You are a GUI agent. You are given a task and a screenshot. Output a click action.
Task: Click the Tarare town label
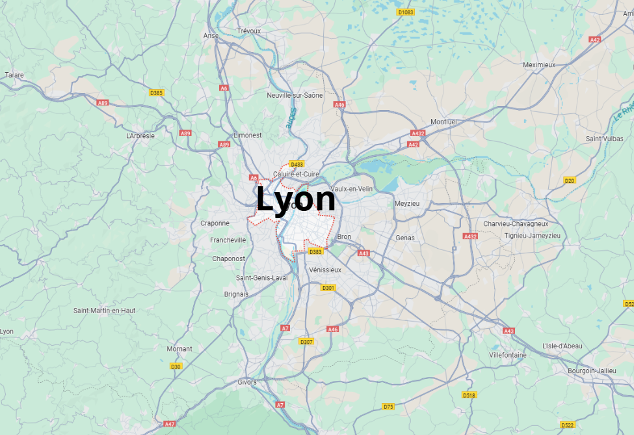(x=14, y=75)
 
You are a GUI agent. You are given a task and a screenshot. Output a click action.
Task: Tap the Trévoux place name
(x=248, y=31)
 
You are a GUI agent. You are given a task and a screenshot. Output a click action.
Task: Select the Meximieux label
(x=539, y=64)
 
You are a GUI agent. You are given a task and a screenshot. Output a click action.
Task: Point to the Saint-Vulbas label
(x=604, y=139)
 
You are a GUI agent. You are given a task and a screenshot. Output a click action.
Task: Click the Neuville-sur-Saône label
(x=295, y=95)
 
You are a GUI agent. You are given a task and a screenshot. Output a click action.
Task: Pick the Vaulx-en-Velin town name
(x=351, y=189)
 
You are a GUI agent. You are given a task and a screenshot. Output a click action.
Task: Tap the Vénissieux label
(x=325, y=270)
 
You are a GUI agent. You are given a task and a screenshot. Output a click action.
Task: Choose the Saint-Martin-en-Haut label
(x=104, y=311)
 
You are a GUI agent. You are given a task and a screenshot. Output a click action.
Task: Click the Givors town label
(x=247, y=382)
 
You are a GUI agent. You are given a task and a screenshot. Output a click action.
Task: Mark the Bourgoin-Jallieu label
(x=591, y=371)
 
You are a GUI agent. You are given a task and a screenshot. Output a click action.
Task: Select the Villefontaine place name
(x=508, y=355)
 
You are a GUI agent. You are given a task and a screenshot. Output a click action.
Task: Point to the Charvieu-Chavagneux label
(x=516, y=223)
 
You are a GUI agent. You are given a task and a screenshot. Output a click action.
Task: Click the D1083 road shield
(x=405, y=12)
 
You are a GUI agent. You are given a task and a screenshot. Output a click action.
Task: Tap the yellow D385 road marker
(x=156, y=93)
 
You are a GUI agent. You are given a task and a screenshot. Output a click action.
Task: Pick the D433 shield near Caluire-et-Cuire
(x=297, y=164)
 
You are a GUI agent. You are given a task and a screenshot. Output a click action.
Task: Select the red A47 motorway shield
(x=170, y=424)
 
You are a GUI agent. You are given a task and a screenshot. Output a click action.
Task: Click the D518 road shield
(x=469, y=395)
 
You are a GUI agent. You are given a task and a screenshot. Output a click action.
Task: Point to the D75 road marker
(x=388, y=406)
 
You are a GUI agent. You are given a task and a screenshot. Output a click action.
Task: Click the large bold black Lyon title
(x=296, y=199)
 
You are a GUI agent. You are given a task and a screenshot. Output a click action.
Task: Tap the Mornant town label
(x=179, y=348)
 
